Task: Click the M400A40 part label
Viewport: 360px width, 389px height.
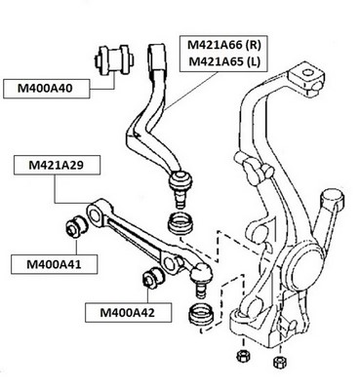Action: [x=47, y=88]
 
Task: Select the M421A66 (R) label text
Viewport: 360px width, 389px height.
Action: [x=224, y=45]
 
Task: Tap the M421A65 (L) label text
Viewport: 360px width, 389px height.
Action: [x=224, y=61]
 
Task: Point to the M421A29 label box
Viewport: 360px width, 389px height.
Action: [x=57, y=166]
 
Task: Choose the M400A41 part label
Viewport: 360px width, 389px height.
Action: [x=55, y=264]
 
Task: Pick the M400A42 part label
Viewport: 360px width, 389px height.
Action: [x=128, y=313]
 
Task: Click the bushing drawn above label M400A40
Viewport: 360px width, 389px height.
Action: [x=113, y=59]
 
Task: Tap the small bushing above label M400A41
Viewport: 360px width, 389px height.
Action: [x=75, y=225]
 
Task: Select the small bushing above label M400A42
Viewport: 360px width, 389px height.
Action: [x=153, y=277]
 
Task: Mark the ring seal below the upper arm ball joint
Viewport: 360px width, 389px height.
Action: [x=180, y=223]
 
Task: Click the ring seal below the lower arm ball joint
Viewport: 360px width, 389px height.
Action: [x=202, y=314]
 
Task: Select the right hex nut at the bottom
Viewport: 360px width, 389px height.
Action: [x=278, y=361]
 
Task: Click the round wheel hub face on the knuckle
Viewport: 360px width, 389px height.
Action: [x=300, y=268]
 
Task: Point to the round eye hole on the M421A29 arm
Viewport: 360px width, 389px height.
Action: [x=95, y=215]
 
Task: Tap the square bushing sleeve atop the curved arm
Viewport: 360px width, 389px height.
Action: [x=158, y=57]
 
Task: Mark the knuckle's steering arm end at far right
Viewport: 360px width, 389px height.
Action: [x=332, y=199]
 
